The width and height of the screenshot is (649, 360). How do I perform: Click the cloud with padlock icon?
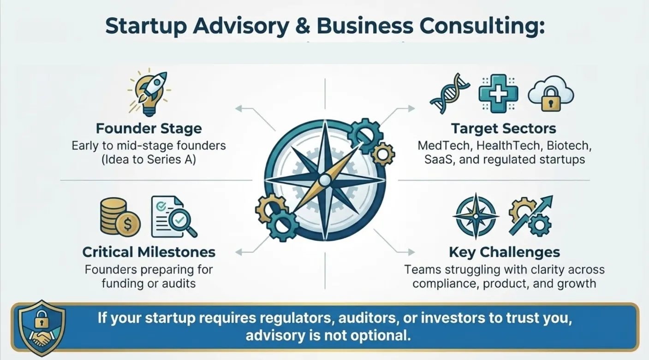(x=551, y=94)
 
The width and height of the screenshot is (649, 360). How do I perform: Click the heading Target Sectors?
(x=503, y=128)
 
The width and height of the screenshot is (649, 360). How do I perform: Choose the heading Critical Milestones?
(x=149, y=252)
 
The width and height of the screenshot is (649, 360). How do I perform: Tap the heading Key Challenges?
(x=504, y=252)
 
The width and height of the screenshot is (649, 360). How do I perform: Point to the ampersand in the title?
(x=301, y=26)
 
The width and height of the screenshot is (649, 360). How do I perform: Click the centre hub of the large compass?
(x=325, y=180)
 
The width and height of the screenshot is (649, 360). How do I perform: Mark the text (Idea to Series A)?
(x=149, y=160)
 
